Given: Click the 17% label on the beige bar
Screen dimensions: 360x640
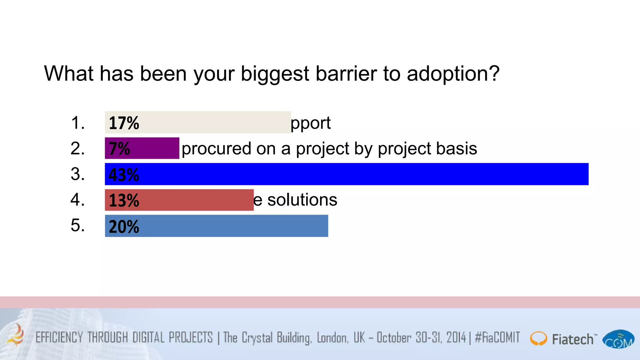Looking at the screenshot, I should point(124,123).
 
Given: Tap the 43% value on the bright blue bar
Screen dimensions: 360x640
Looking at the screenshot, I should point(124,175).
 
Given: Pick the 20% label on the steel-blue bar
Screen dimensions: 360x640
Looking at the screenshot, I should point(124,227).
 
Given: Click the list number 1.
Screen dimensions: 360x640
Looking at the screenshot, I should point(78,122).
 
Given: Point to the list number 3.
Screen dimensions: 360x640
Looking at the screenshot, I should point(78,174).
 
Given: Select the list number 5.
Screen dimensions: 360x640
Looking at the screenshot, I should point(78,225).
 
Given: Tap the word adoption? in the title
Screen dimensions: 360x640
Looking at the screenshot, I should point(453,74).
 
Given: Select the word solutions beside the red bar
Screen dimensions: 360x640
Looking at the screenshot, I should point(302,200).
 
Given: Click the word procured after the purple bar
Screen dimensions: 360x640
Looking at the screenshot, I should point(216,149).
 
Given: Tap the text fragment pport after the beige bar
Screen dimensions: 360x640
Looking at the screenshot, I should point(311,123).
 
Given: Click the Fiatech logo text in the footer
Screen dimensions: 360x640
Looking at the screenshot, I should point(572,339).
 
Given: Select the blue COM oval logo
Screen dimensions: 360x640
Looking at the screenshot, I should point(618,339).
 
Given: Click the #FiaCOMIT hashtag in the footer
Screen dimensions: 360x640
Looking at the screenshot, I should point(497,337).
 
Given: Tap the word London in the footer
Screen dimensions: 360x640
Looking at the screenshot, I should point(332,338).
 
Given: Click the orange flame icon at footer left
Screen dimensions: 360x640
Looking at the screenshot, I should point(16,336).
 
